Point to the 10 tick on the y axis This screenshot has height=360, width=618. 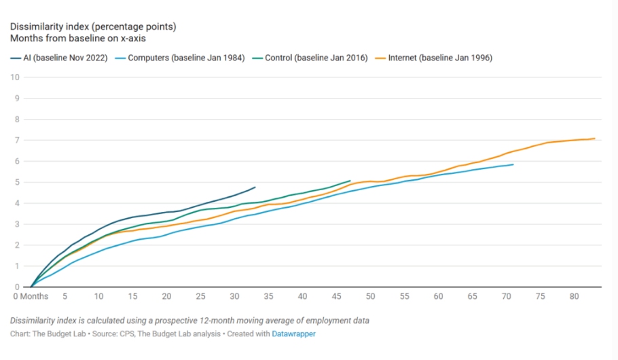pyautogui.click(x=14, y=77)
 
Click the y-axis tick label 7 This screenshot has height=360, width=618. pyautogui.click(x=16, y=140)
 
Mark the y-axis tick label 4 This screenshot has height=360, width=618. pyautogui.click(x=16, y=203)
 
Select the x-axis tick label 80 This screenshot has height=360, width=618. pyautogui.click(x=574, y=296)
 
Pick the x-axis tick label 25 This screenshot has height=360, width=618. pyautogui.click(x=200, y=296)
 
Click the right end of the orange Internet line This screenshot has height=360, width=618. pyautogui.click(x=595, y=139)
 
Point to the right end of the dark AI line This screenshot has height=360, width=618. pyautogui.click(x=255, y=187)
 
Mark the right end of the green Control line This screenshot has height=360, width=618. pyautogui.click(x=350, y=181)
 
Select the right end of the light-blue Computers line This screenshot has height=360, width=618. pyautogui.click(x=513, y=164)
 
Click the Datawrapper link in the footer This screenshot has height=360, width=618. pyautogui.click(x=294, y=334)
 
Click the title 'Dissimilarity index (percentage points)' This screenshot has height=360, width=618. pyautogui.click(x=93, y=26)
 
